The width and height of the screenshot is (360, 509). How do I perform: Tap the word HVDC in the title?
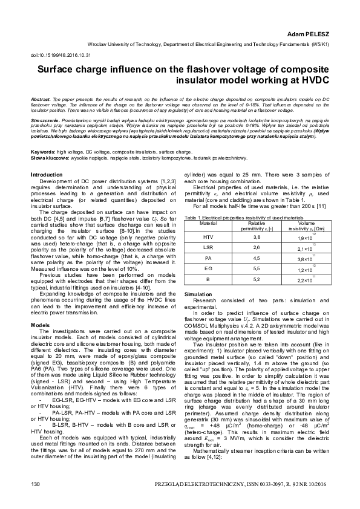click(x=311, y=80)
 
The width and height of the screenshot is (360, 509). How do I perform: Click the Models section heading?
click(x=40, y=325)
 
